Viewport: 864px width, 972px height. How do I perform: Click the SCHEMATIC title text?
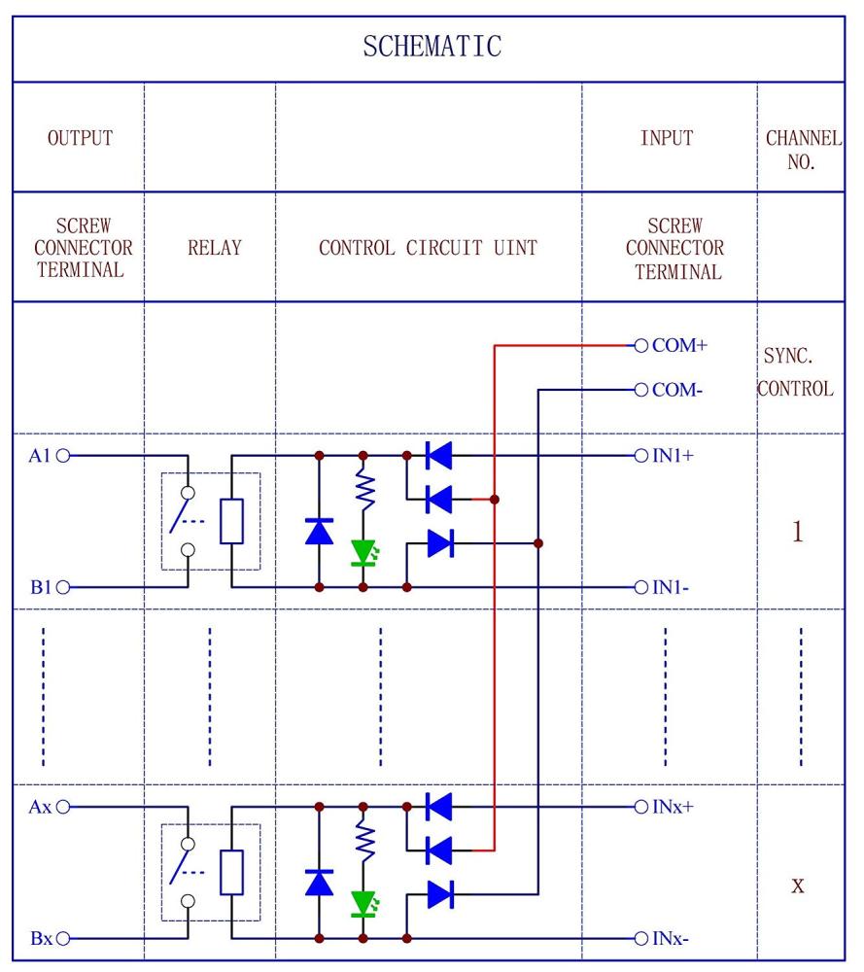tap(432, 47)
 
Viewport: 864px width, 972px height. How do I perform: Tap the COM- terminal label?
tap(676, 390)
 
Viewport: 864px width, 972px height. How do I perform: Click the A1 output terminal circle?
tap(65, 455)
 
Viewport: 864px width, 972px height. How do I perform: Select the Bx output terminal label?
tap(41, 939)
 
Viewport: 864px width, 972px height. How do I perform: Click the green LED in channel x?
tap(363, 904)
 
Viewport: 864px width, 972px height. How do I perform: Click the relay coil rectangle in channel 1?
tap(231, 521)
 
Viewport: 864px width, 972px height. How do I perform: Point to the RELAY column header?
tap(214, 248)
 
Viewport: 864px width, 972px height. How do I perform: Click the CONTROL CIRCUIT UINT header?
tap(428, 248)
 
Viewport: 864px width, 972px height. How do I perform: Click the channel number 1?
tap(797, 533)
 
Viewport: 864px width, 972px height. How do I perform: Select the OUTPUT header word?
tap(80, 138)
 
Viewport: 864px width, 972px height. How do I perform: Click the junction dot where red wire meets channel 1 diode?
tap(495, 500)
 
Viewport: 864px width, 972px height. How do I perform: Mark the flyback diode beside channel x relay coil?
tap(319, 882)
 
